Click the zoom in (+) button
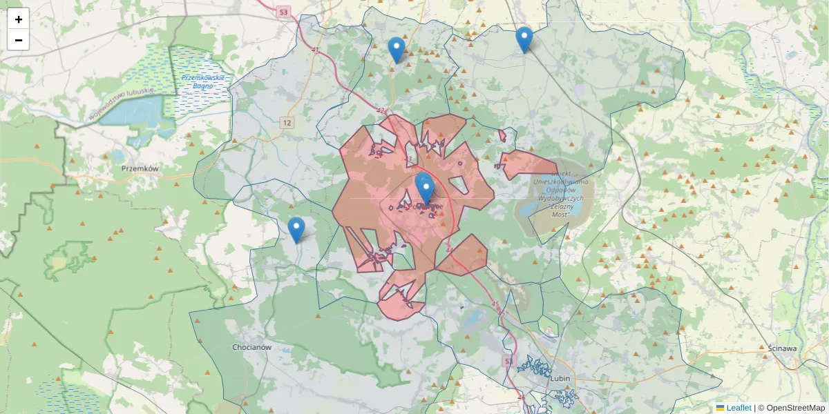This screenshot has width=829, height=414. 19,19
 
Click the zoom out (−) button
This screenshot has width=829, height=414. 19,40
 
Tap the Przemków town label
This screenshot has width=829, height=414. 140,168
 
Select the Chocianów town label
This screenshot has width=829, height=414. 251,347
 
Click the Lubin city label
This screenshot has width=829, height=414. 560,378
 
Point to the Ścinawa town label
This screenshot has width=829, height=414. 782,348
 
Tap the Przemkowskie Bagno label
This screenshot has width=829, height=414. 203,82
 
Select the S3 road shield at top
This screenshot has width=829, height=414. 283,12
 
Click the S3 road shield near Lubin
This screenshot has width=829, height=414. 509,362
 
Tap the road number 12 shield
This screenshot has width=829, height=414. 287,123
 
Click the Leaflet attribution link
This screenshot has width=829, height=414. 738,408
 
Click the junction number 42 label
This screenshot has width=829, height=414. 381,110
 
